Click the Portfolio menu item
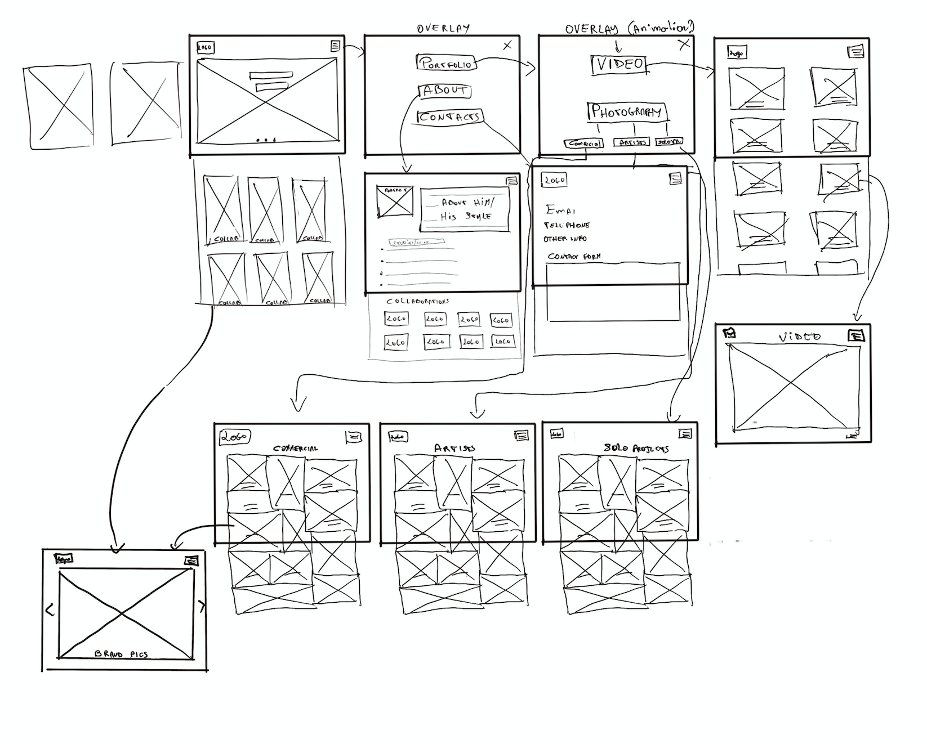point(447,63)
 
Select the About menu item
point(444,91)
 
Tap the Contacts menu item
point(449,116)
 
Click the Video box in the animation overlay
point(620,64)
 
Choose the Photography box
point(626,111)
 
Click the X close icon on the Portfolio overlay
point(507,46)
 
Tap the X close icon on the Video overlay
point(684,44)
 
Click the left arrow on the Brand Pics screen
point(50,609)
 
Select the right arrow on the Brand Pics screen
point(202,606)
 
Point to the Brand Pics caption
point(121,654)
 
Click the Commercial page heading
point(295,449)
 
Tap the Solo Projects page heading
point(636,449)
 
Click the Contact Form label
point(574,256)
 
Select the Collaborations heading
point(417,302)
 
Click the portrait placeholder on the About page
point(395,201)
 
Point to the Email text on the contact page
point(560,210)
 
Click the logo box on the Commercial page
point(234,436)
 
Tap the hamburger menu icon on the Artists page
point(522,435)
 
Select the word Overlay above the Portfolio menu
point(443,28)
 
